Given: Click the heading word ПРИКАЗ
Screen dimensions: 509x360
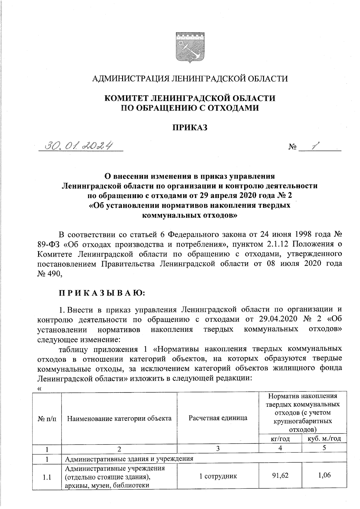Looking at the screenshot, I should point(190,128).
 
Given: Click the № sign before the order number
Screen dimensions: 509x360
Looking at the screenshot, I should point(293,147).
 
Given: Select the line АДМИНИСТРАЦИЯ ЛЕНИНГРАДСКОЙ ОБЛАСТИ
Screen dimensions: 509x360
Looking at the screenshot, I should point(190,79).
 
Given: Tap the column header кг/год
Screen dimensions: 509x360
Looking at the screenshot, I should point(280,439).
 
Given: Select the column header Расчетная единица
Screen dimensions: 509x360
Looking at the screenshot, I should point(218,418).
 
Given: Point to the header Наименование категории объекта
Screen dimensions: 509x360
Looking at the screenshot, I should point(119,418).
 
